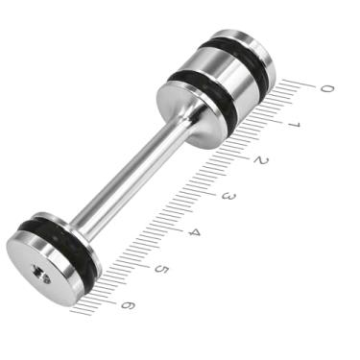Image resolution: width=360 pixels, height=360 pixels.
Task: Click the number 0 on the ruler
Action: tap(326, 88)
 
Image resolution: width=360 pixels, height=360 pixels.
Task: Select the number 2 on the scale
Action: tap(261, 160)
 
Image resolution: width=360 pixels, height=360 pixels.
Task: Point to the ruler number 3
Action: tap(228, 197)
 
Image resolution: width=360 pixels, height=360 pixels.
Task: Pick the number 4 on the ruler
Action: tap(195, 233)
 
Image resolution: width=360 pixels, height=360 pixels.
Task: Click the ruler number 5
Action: tap(161, 270)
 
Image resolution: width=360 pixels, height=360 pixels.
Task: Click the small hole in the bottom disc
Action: tap(43, 274)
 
